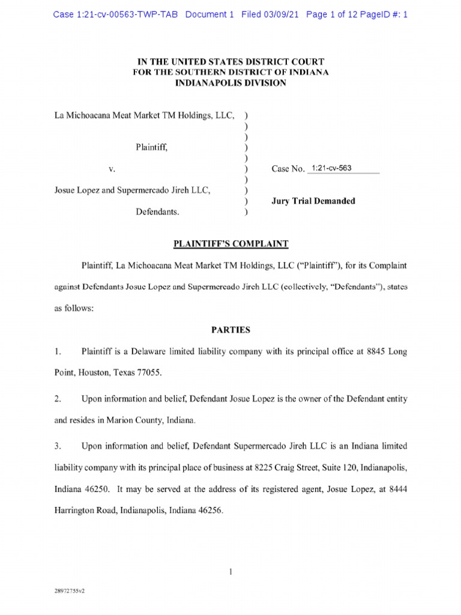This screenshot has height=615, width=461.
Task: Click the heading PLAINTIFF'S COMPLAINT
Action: click(x=231, y=244)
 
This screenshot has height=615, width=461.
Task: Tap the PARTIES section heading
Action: click(x=231, y=330)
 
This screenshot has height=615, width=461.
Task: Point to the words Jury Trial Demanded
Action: click(x=313, y=201)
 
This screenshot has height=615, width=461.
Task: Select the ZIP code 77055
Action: click(x=148, y=373)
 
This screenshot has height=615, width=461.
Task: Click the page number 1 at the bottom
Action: click(x=230, y=572)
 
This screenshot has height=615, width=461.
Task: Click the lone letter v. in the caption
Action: click(x=112, y=169)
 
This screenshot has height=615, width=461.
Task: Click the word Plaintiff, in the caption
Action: click(x=155, y=147)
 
